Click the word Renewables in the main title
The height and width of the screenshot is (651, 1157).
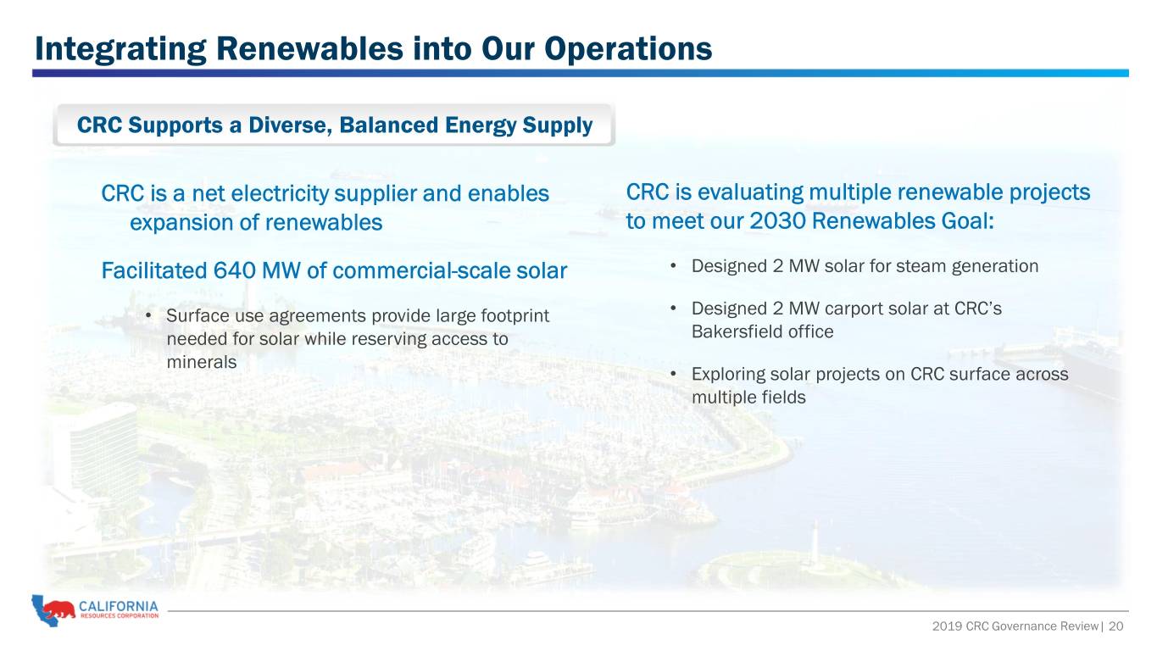[x=309, y=49]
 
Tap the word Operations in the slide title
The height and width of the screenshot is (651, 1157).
[x=627, y=49]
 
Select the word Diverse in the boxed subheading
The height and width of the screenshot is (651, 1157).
[x=290, y=125]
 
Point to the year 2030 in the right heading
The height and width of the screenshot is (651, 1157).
[x=778, y=221]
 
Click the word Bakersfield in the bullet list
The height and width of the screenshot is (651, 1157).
[x=737, y=331]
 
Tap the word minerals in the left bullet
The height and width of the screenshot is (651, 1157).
[x=202, y=362]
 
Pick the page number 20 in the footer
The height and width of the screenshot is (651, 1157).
[x=1115, y=626]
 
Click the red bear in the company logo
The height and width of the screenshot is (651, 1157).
[x=58, y=609]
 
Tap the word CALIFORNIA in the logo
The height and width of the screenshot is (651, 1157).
[x=119, y=606]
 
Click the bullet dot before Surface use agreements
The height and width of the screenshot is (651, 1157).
[x=148, y=314]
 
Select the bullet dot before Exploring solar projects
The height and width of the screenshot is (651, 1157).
[x=673, y=373]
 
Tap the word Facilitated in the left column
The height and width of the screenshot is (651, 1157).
[x=153, y=270]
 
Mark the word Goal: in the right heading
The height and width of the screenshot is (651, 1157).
[x=967, y=221]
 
